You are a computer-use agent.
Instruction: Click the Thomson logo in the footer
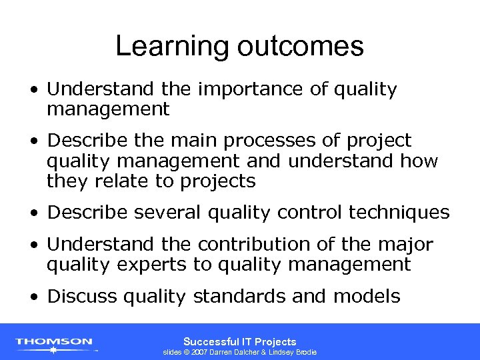[x=54, y=343]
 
